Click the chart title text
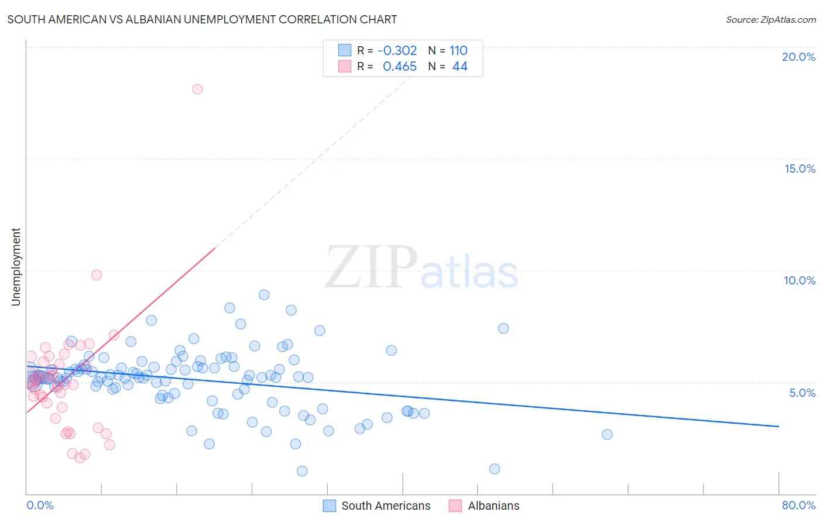coord(202,20)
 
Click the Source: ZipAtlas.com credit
coord(770,20)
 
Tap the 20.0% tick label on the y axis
coord(798,57)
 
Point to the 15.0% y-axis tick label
coord(800,169)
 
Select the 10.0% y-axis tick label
coord(800,280)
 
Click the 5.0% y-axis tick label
coord(802,393)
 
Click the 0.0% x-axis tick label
coord(40,505)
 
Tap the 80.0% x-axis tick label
coord(798,505)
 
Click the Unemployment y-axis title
coord(16,267)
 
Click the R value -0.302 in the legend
coord(397,51)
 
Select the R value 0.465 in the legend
coord(400,67)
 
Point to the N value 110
coord(458,51)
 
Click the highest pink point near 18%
coord(197,90)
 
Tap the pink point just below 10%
coord(97,275)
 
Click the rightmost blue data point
coord(607,434)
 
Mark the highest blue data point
coord(264,295)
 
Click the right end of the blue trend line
coord(779,427)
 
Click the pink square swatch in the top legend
coord(345,67)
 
